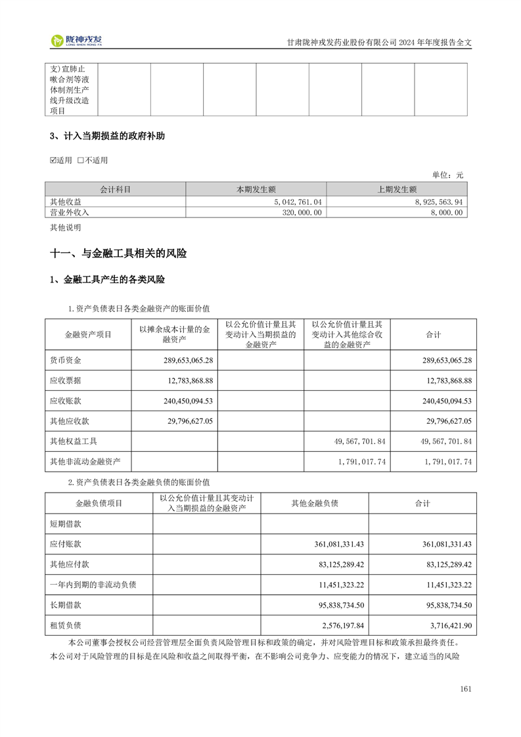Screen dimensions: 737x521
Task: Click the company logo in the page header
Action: (77, 41)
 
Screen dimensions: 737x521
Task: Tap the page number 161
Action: (466, 688)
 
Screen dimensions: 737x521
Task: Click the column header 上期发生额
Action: (397, 190)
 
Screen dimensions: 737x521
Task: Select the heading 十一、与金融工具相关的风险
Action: (118, 253)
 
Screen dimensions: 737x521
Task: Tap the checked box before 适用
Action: (54, 160)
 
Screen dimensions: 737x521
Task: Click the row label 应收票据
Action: (66, 380)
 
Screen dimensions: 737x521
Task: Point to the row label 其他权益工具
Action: (74, 441)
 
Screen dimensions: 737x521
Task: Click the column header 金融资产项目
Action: (88, 334)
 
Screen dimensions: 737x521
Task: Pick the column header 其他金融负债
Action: (314, 503)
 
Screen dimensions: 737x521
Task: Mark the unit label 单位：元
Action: (447, 175)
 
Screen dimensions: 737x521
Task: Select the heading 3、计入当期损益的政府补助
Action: (107, 137)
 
